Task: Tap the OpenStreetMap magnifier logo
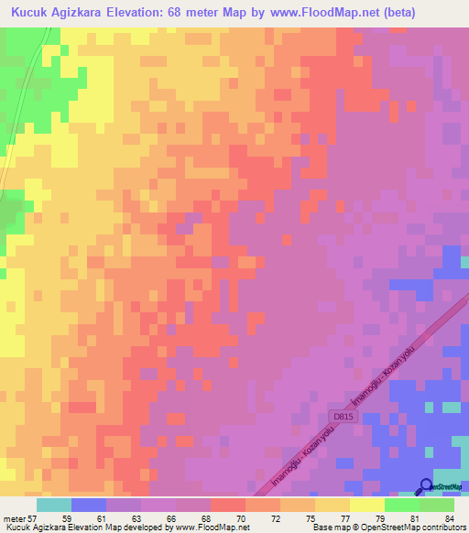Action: click(x=425, y=486)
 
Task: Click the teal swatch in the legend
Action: click(x=54, y=505)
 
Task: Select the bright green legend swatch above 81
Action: click(x=401, y=505)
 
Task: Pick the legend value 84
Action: click(x=448, y=518)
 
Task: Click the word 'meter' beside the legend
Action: click(x=14, y=518)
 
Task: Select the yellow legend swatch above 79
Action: click(x=366, y=505)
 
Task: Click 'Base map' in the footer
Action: click(x=332, y=528)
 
